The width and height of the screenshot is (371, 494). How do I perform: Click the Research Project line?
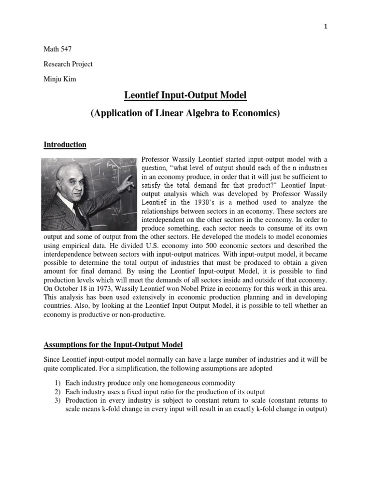[68, 64]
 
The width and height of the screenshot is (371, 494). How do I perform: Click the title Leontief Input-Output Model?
[185, 96]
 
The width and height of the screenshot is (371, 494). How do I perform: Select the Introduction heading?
[65, 144]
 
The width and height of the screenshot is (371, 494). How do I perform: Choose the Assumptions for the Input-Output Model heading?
[113, 345]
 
